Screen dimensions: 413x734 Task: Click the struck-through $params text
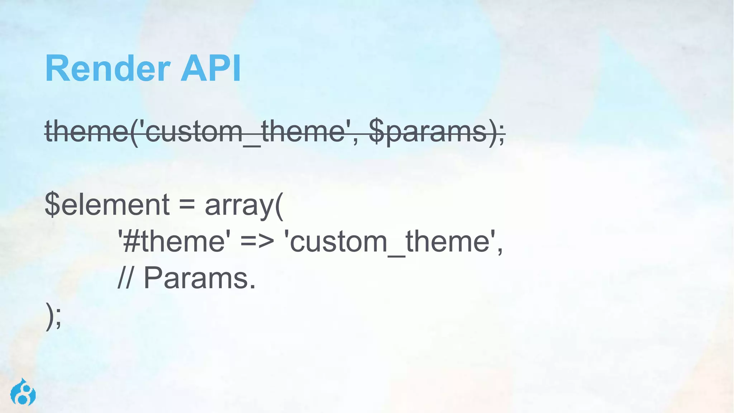pos(428,132)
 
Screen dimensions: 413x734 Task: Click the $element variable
pos(107,204)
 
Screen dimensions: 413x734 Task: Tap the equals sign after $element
pos(187,205)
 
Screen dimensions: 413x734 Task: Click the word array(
pos(244,205)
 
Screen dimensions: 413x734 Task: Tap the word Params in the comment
pos(195,278)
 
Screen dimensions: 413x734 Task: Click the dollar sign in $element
pos(52,204)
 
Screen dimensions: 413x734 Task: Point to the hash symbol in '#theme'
pos(132,242)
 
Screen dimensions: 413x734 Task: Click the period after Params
pos(253,287)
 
